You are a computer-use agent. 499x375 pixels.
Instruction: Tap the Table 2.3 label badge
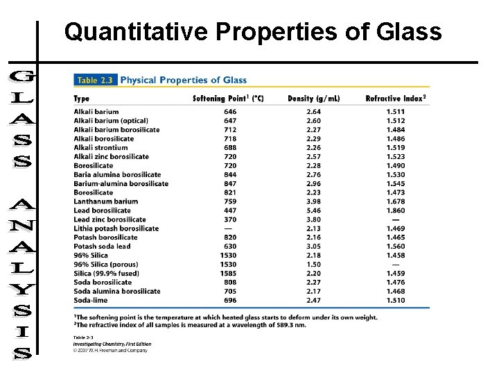(96, 80)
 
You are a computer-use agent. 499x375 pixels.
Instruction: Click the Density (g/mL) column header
(314, 99)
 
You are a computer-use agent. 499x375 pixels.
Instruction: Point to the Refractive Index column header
(396, 99)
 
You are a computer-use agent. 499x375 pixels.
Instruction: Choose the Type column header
(82, 99)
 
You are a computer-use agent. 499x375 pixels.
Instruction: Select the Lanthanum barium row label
(105, 201)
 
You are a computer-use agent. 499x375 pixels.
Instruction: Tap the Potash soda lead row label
(102, 247)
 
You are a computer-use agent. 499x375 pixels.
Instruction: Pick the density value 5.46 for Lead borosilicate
(314, 210)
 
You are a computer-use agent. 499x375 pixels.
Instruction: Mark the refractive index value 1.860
(396, 210)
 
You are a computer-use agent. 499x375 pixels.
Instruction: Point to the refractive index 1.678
(396, 201)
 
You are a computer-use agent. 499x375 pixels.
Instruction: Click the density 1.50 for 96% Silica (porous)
(314, 265)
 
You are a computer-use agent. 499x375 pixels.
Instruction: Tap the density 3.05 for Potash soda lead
(314, 247)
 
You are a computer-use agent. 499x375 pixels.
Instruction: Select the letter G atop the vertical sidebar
(21, 76)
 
